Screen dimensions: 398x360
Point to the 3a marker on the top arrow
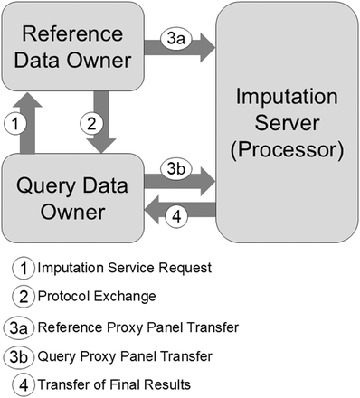point(175,41)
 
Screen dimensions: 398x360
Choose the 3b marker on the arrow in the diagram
point(176,168)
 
